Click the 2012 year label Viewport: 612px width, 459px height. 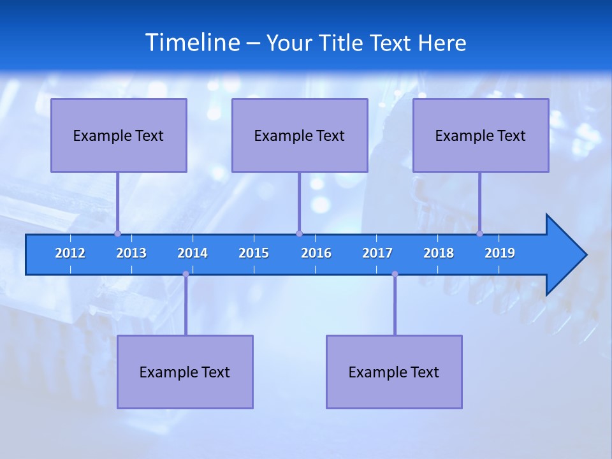70,253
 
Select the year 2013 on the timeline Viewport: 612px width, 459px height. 131,253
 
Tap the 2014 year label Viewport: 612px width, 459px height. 193,253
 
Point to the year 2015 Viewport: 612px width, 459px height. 254,253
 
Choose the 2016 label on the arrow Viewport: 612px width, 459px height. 316,253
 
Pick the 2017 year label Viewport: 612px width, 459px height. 377,253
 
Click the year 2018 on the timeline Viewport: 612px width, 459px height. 439,253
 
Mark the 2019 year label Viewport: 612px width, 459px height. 500,253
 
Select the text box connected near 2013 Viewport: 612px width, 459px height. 119,135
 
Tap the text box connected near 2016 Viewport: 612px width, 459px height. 300,135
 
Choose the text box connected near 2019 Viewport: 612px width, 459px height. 481,135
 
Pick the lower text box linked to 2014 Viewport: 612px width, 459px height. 185,372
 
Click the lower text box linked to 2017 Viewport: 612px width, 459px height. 394,372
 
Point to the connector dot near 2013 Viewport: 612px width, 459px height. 117,233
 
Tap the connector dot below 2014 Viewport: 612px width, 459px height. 186,274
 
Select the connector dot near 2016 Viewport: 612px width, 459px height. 299,233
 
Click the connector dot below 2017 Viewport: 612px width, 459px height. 395,274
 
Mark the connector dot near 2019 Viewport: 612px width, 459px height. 479,233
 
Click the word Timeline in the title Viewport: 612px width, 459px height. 193,42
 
